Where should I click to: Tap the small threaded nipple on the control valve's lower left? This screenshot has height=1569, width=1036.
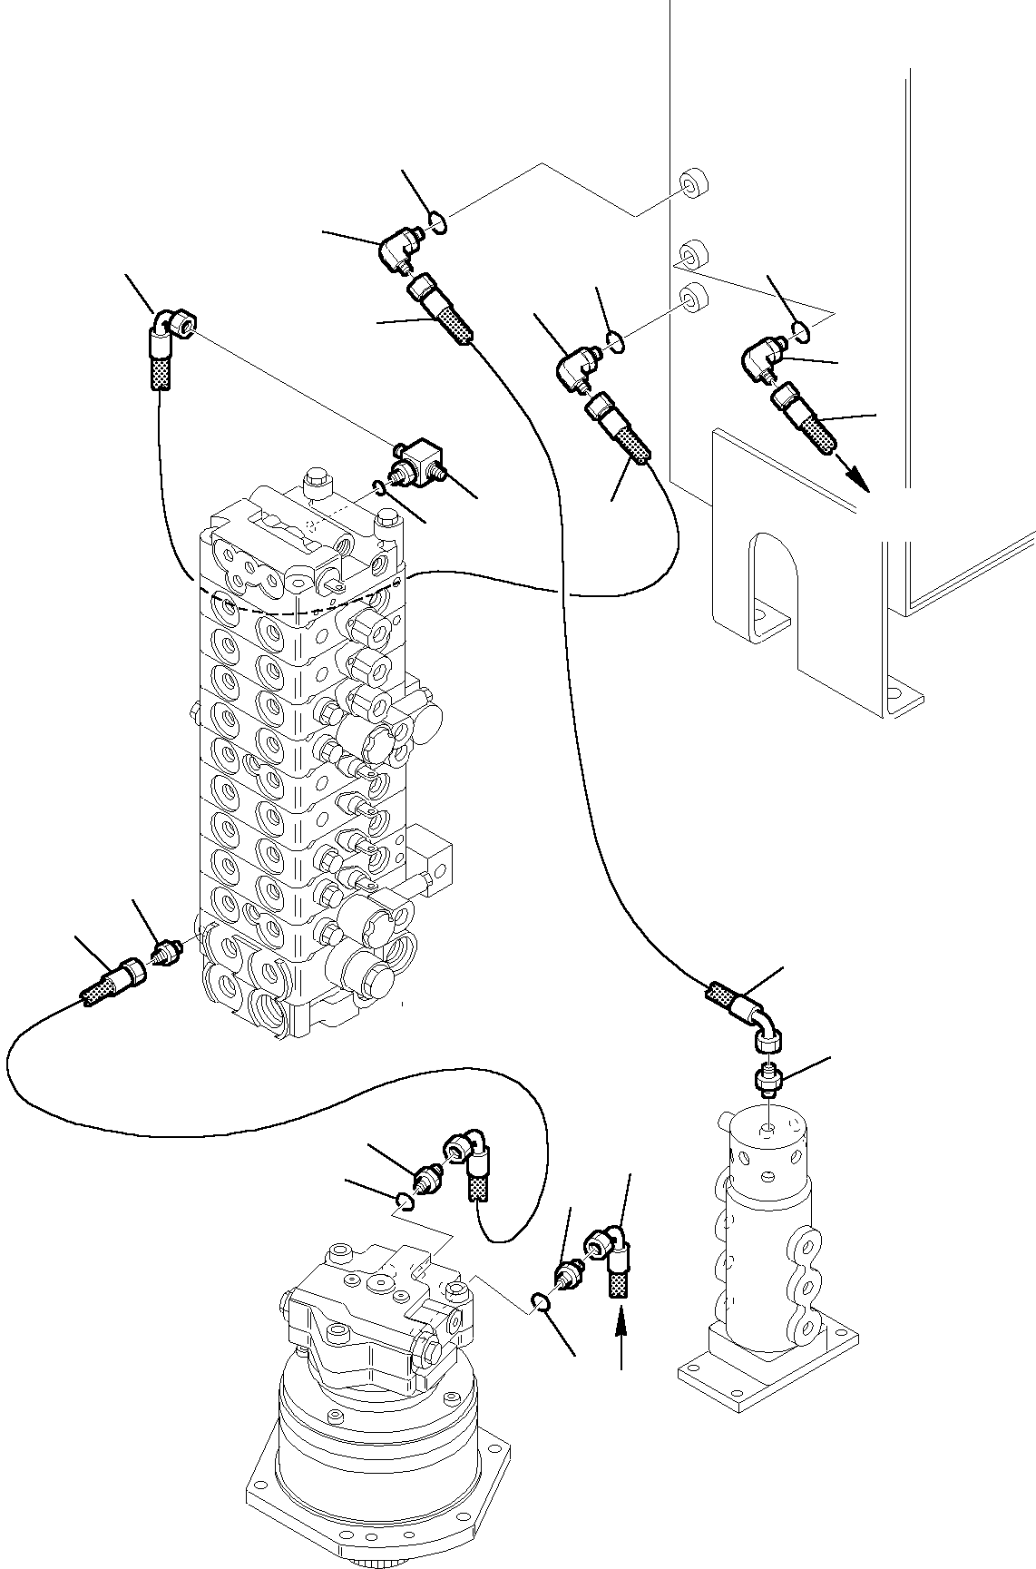point(167,954)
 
